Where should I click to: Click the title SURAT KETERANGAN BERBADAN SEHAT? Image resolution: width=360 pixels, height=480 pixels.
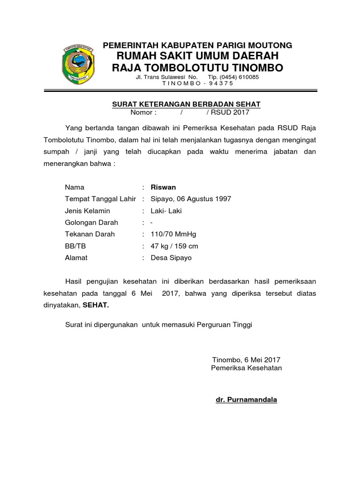[186, 104]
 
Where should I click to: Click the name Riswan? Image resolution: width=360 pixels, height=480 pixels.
[163, 187]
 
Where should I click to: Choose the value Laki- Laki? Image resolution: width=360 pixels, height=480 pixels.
[166, 211]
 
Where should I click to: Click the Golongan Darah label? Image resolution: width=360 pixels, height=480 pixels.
[91, 223]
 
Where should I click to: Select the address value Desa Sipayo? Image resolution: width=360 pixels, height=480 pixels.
[171, 258]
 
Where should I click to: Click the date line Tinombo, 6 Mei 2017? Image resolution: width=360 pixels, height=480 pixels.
[246, 360]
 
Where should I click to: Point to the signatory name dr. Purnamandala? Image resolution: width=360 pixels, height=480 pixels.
[246, 400]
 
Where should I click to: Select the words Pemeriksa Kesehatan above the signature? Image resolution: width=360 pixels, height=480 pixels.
[247, 368]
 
